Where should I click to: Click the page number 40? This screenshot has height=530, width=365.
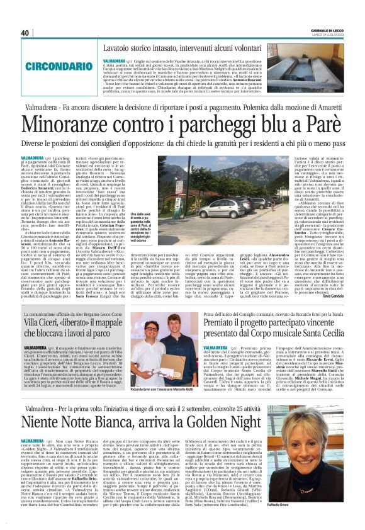tap(25, 33)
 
